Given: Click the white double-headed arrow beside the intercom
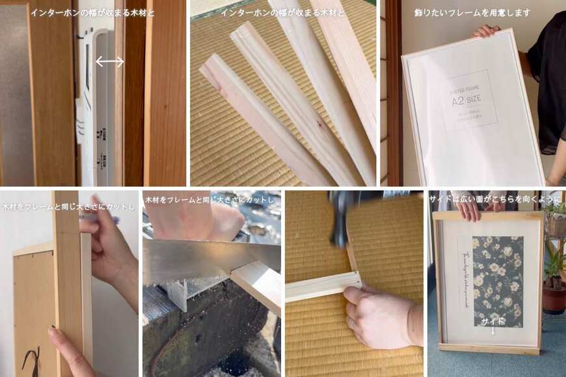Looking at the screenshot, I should coord(110,62).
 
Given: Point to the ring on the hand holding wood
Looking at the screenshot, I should coord(351,323).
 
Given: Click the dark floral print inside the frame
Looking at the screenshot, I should coord(498,279).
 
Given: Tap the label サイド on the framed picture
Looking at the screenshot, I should coord(492,322).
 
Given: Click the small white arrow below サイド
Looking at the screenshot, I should coord(492,331).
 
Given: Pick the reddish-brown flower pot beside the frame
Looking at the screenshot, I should coord(554,299).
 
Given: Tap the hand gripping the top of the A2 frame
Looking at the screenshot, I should coord(487,31).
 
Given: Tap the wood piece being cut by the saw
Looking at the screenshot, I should coord(257,283).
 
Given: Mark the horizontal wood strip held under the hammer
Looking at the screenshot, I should coord(323,287).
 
